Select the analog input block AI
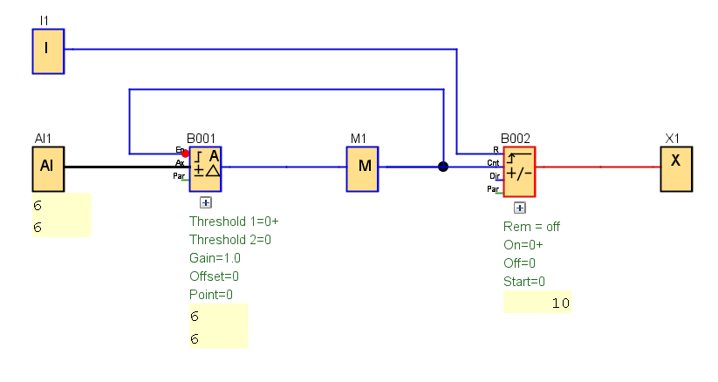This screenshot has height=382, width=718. (x=48, y=168)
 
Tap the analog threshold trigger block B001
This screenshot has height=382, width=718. (x=205, y=168)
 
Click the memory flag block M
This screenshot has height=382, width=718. (x=363, y=168)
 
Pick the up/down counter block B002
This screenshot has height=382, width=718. (x=519, y=172)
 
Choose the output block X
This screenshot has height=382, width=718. (x=675, y=168)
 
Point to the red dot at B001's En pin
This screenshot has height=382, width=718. (x=185, y=153)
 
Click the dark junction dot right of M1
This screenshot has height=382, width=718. (x=443, y=166)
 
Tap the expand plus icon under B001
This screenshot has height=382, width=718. (x=206, y=202)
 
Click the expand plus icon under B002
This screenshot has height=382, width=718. (x=519, y=208)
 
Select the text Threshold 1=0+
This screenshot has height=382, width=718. (x=233, y=222)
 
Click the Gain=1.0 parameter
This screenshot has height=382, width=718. (x=215, y=258)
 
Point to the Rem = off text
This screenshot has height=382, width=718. (x=531, y=227)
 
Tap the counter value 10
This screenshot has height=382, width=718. (x=560, y=304)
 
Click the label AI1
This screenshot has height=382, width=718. (x=44, y=139)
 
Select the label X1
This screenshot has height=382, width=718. (x=672, y=139)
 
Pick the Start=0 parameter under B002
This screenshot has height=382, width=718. (x=523, y=282)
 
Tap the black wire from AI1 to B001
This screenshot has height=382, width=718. (x=122, y=167)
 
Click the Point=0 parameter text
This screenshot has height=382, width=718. (x=211, y=295)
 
